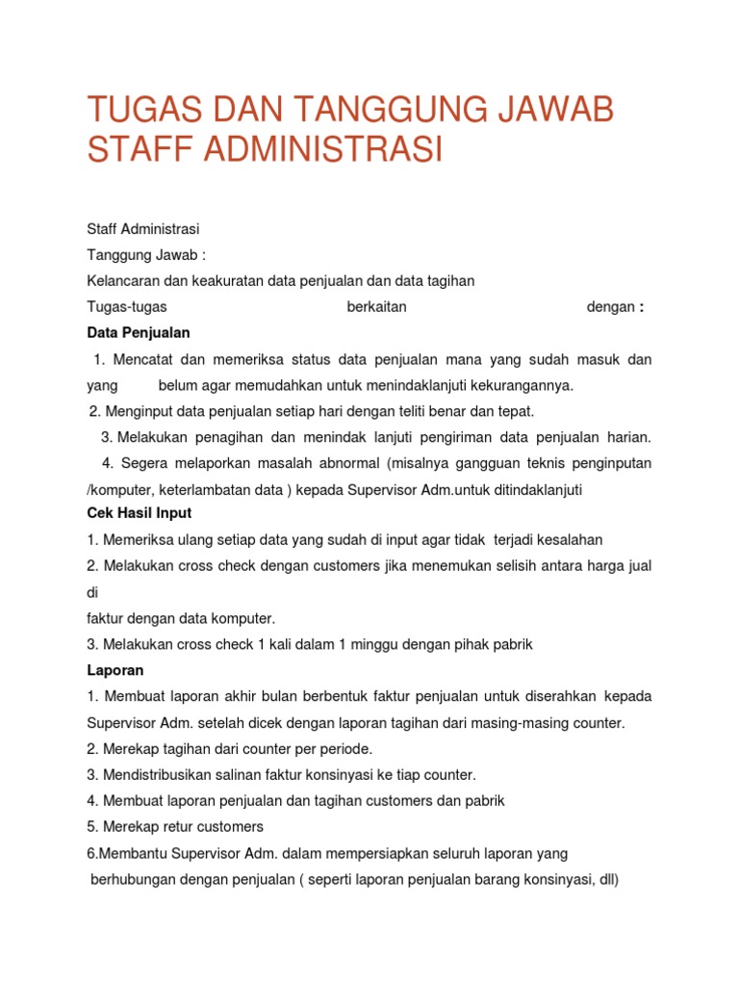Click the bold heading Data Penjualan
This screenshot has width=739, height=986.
(x=139, y=332)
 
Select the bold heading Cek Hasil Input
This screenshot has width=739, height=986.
(x=139, y=513)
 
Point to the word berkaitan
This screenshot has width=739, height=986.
(x=376, y=307)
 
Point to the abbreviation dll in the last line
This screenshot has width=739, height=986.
(x=606, y=878)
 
